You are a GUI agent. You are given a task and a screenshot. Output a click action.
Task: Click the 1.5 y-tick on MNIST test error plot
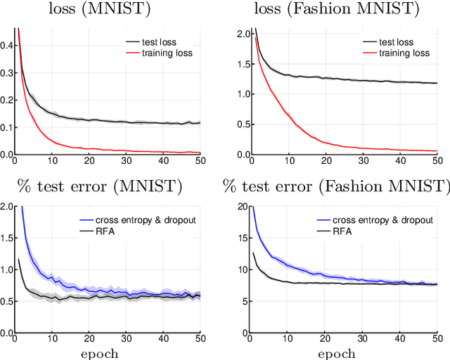[6, 238]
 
